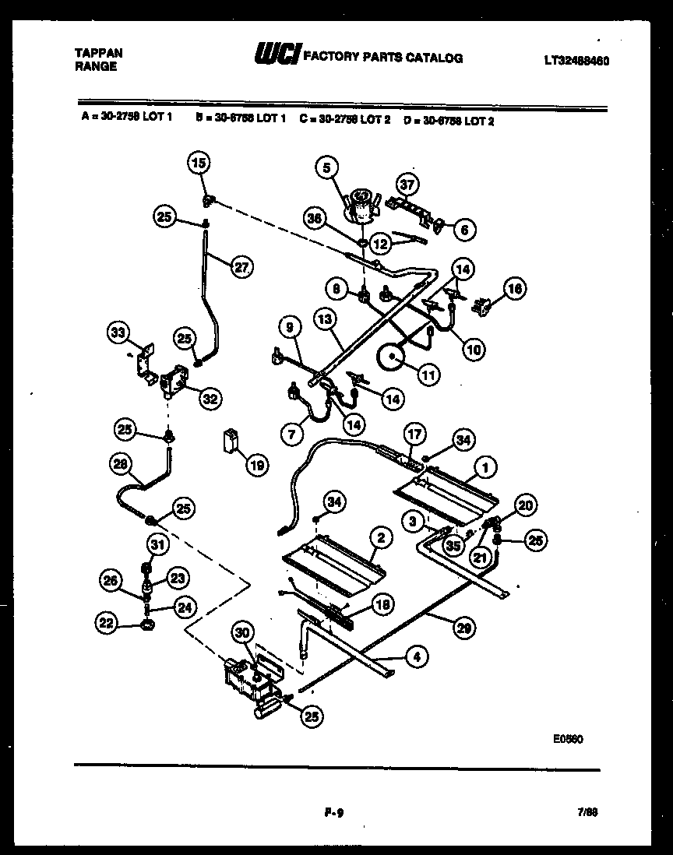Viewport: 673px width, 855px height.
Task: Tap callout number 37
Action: point(407,185)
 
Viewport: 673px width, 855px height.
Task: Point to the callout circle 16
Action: point(513,288)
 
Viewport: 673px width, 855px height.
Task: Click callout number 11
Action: point(428,375)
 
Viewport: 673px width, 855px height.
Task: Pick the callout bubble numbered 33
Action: point(118,333)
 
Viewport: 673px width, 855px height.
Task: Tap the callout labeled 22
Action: point(107,621)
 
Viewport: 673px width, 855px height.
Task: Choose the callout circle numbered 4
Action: point(417,656)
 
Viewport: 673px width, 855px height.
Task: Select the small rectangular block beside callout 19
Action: point(231,440)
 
